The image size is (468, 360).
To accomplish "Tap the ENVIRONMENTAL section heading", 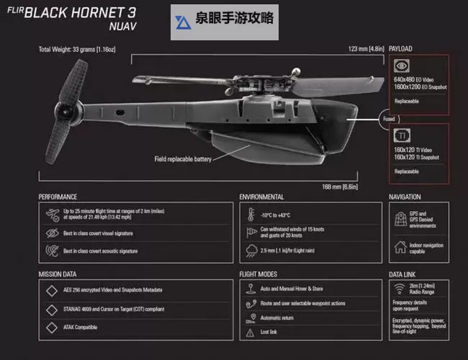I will [261, 197].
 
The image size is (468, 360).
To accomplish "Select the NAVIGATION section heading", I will [405, 197].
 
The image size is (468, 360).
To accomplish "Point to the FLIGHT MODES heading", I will [258, 274].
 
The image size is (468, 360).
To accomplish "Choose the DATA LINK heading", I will [402, 274].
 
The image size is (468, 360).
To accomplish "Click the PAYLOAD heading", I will [400, 49].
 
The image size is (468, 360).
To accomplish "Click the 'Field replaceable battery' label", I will [183, 159].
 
